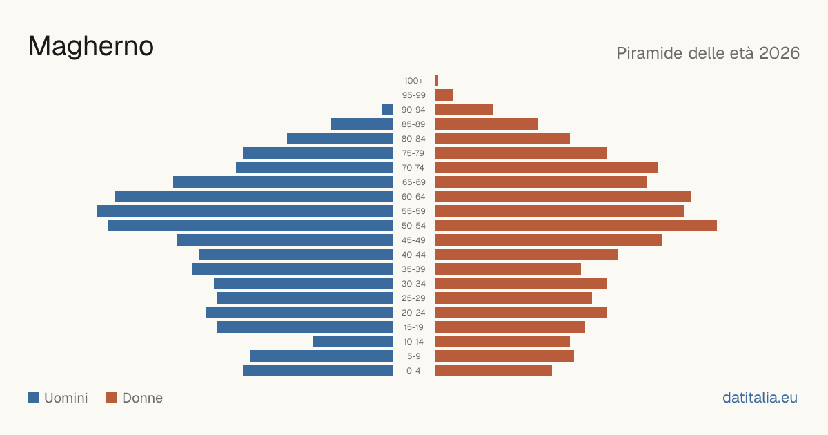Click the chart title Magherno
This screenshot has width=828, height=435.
[91, 46]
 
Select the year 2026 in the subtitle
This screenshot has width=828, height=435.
[779, 53]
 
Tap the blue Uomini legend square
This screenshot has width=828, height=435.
[33, 398]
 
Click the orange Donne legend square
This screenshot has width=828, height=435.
[111, 398]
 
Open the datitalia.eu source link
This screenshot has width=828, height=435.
[760, 398]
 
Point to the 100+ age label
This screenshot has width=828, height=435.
[413, 81]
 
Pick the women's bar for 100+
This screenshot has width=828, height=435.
[437, 81]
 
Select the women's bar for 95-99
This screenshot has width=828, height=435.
[444, 95]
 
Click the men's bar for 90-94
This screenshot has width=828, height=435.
[388, 110]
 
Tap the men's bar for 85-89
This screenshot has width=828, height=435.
[362, 124]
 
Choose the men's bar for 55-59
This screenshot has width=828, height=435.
[245, 211]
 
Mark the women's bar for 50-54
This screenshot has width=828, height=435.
[576, 226]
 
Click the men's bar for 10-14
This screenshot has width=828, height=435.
[353, 341]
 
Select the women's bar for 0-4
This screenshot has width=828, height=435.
[493, 371]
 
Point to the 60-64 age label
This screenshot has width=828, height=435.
[413, 197]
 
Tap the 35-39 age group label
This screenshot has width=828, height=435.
[413, 269]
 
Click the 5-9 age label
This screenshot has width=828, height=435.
[413, 356]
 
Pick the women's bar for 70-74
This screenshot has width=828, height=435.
[546, 168]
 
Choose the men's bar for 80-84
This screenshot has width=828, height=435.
[340, 138]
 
